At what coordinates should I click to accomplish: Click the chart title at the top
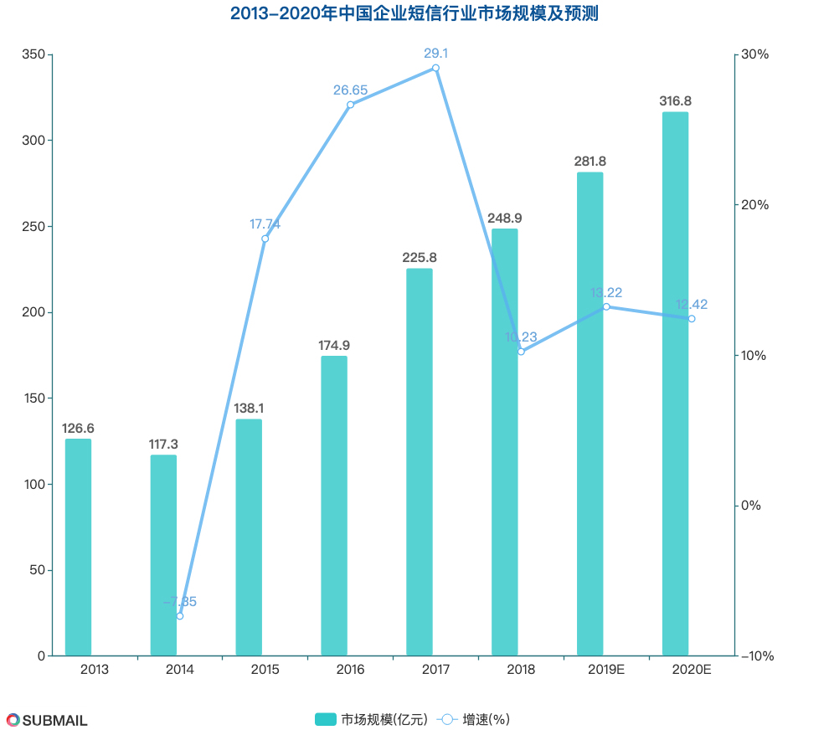(x=414, y=14)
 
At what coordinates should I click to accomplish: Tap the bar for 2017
(x=419, y=461)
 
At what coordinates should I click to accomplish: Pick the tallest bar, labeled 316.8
(x=675, y=383)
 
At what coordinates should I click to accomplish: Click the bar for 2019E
(x=590, y=414)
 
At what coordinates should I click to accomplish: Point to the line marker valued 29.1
(x=435, y=68)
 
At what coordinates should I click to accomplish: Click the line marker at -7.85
(x=180, y=616)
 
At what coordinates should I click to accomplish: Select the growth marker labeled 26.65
(x=350, y=105)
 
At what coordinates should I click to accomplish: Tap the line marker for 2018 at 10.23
(x=521, y=352)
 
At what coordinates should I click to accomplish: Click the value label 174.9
(x=333, y=345)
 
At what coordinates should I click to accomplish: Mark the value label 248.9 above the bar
(x=504, y=218)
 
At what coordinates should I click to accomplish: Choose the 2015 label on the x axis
(x=265, y=670)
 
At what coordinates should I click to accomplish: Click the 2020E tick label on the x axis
(x=691, y=670)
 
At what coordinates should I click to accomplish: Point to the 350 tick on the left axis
(x=32, y=54)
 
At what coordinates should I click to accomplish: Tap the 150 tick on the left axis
(x=32, y=398)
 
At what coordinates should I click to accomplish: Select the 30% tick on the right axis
(x=755, y=54)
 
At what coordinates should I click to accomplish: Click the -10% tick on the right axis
(x=757, y=655)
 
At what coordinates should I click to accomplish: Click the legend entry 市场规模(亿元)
(x=371, y=719)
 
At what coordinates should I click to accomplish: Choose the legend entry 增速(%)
(x=474, y=719)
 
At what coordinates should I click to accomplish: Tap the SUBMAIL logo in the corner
(x=47, y=720)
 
